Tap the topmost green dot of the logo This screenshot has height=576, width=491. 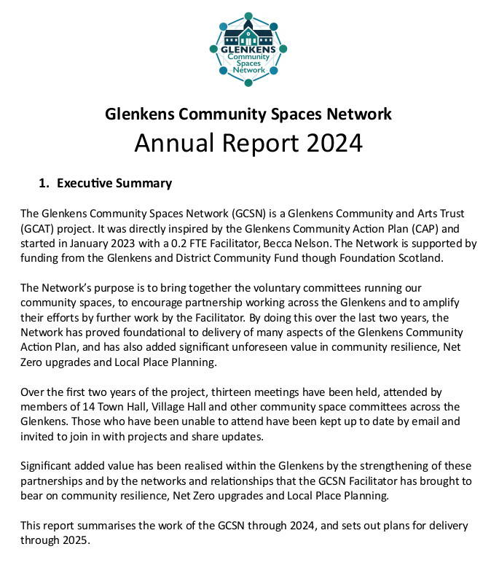click(x=248, y=15)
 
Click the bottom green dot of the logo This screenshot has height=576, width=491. click(x=248, y=83)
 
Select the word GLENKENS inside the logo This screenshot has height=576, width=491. click(x=248, y=50)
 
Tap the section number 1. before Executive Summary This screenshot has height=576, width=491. click(x=44, y=183)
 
